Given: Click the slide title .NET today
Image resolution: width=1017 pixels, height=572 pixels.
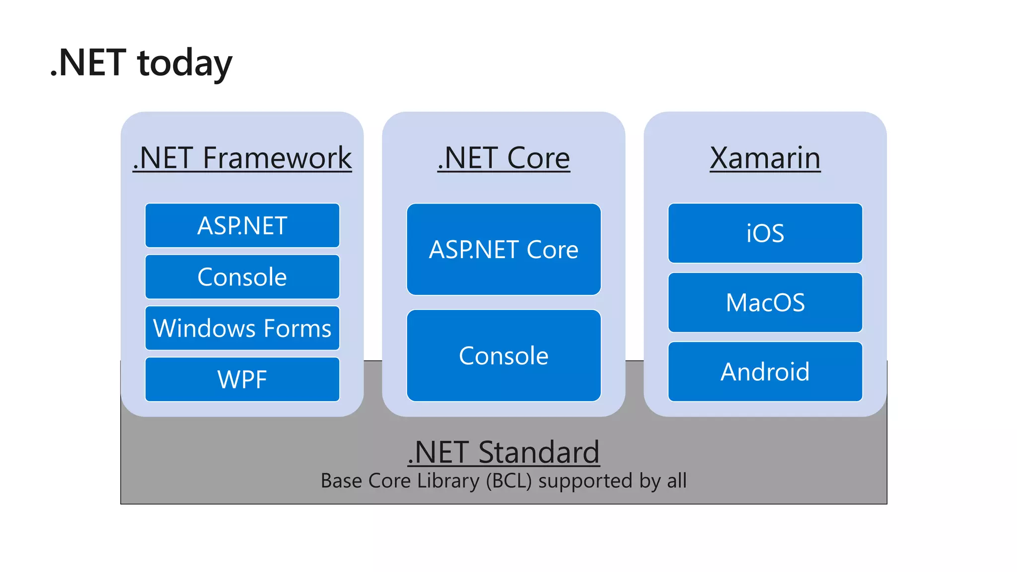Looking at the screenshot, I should pos(141,63).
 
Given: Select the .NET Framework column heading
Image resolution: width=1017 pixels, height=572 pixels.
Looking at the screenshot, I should pos(242,158).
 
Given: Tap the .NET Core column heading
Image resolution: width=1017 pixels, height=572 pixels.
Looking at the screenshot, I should pos(504,158).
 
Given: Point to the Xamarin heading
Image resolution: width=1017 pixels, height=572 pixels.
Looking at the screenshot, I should pos(765,158).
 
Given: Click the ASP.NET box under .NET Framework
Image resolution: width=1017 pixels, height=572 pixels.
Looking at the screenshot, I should pos(242,225).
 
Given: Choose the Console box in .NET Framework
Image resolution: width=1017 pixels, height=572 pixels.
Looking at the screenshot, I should pos(242,277).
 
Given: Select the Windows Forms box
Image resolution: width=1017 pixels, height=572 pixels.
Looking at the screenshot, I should pos(242,328).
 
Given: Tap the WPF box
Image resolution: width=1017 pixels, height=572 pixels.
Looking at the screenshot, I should pos(242,379).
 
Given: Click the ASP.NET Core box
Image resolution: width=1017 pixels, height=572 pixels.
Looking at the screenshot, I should pos(504,249).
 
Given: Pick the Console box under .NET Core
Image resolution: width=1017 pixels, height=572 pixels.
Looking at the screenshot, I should pos(504,356).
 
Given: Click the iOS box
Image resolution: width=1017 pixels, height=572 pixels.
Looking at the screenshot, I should pos(765,233).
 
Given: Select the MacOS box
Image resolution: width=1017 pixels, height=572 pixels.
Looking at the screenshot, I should pos(765,302).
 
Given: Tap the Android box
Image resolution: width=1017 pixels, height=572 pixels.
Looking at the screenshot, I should pos(765,371).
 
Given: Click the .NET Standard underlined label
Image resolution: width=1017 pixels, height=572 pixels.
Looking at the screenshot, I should pos(504,452).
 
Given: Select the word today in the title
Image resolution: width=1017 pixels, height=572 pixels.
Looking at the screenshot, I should pos(184,64).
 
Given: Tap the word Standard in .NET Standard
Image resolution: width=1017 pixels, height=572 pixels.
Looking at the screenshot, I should pos(539,452).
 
